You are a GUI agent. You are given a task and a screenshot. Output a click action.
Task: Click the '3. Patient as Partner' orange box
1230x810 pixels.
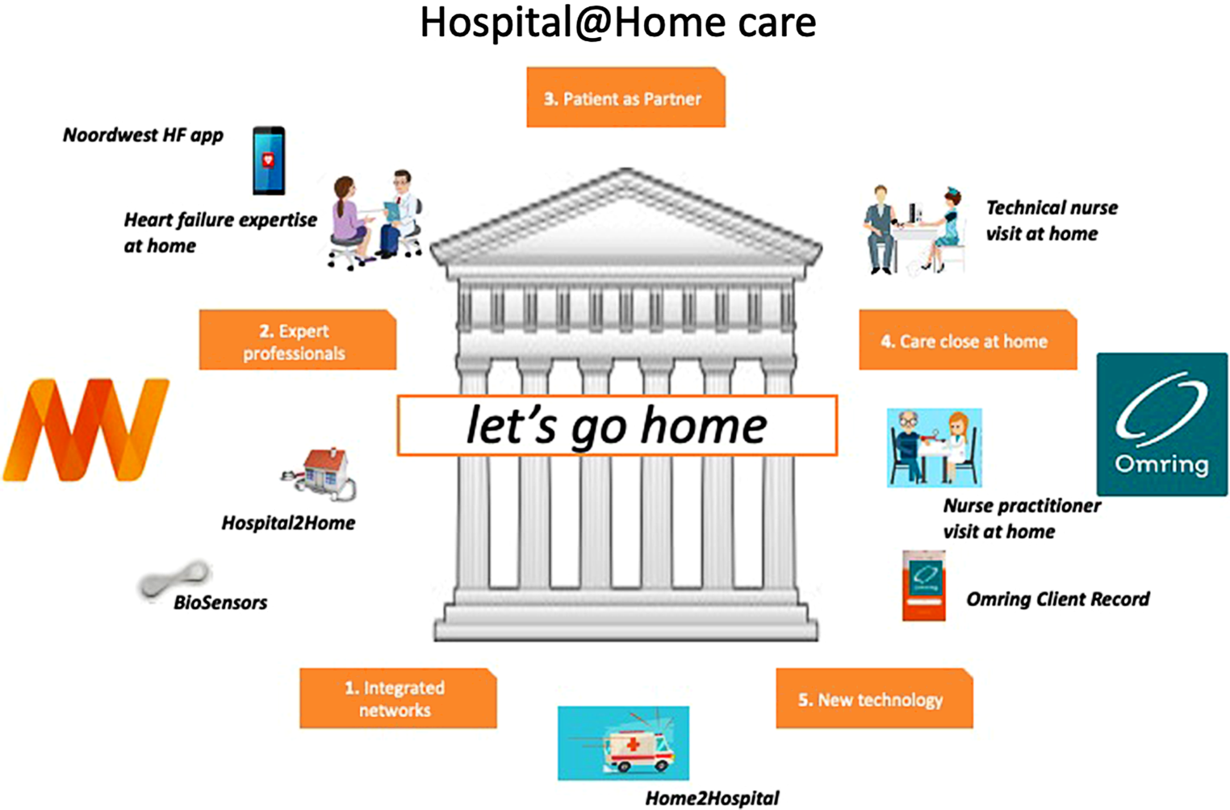pos(626,97)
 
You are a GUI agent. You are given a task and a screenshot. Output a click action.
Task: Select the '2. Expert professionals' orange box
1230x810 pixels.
pos(298,340)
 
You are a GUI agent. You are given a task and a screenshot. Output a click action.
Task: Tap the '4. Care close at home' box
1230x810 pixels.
pos(968,340)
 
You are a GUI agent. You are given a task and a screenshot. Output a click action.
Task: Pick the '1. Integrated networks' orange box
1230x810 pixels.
pos(398,698)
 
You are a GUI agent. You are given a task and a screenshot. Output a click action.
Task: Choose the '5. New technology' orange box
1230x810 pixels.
pos(874,698)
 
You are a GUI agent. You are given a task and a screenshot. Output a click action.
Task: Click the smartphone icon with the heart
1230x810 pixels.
pos(269,161)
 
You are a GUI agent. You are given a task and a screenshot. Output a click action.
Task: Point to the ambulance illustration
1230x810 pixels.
pos(623,743)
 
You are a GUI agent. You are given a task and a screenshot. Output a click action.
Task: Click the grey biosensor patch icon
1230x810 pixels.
pos(174,579)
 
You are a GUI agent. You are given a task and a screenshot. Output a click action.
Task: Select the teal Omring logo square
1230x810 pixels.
pos(1162,424)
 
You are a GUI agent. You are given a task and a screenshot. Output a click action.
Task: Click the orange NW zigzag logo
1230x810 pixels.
pos(86,430)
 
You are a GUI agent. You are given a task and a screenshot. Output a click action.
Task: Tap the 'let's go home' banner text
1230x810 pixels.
pos(617,426)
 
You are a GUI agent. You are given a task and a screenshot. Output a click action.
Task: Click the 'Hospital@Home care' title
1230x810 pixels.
pos(617,23)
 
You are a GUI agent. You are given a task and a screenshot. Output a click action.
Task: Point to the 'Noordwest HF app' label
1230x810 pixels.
pos(143,136)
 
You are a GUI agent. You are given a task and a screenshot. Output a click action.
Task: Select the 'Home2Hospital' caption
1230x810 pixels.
pos(712,798)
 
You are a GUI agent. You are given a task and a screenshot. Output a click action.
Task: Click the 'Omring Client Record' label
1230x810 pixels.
pos(1057,599)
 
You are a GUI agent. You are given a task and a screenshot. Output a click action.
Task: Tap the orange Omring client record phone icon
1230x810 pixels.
pos(924,586)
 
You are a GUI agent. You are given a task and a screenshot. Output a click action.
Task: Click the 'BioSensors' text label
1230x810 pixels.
pos(220,603)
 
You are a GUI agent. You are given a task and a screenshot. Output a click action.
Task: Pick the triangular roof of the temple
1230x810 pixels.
pos(626,219)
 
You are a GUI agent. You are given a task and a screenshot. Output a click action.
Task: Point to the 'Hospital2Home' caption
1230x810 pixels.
pos(288,523)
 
